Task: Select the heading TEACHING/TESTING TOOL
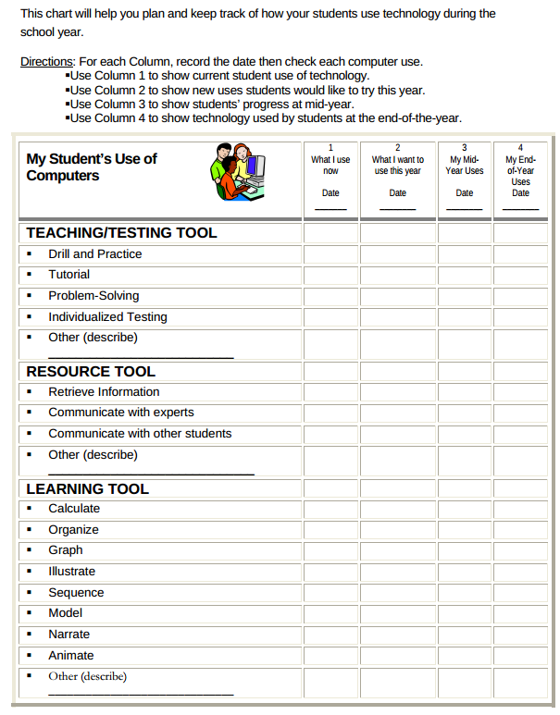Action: (x=121, y=233)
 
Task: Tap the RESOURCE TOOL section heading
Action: (x=91, y=371)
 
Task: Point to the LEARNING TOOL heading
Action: (x=87, y=488)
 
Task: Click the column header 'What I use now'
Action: (x=330, y=166)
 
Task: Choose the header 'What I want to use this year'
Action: (x=397, y=166)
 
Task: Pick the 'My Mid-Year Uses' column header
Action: (x=465, y=166)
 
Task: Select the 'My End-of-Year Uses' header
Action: (x=521, y=170)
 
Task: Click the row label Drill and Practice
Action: (x=95, y=253)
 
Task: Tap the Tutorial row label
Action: (x=69, y=275)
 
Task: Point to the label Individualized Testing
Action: (x=107, y=316)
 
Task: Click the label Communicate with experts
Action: (x=121, y=413)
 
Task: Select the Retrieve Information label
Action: (x=104, y=391)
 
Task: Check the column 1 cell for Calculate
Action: (x=330, y=509)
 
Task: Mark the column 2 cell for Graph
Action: (x=397, y=550)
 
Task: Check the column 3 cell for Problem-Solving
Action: (x=465, y=296)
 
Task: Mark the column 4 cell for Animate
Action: (x=521, y=655)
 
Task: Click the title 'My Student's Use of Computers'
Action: (x=92, y=167)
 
